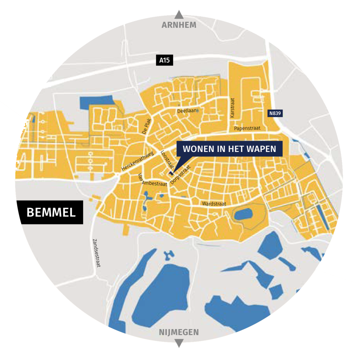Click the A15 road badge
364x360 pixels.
coord(164,60)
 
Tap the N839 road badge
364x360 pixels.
coord(275,114)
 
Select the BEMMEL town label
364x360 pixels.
coord(51,212)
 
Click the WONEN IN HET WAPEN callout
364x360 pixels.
coord(229,148)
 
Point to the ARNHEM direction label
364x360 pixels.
coord(179,25)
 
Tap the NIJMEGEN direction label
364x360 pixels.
coord(179,332)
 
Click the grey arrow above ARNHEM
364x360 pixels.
coord(179,15)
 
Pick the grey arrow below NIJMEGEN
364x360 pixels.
coord(179,343)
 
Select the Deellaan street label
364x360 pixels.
coord(187,111)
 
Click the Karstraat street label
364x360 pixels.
coord(232,108)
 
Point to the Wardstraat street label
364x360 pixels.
coord(214,204)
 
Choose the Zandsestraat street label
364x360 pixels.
coord(96,252)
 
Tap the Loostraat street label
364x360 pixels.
coord(167,159)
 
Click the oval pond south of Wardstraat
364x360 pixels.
coord(243,214)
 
